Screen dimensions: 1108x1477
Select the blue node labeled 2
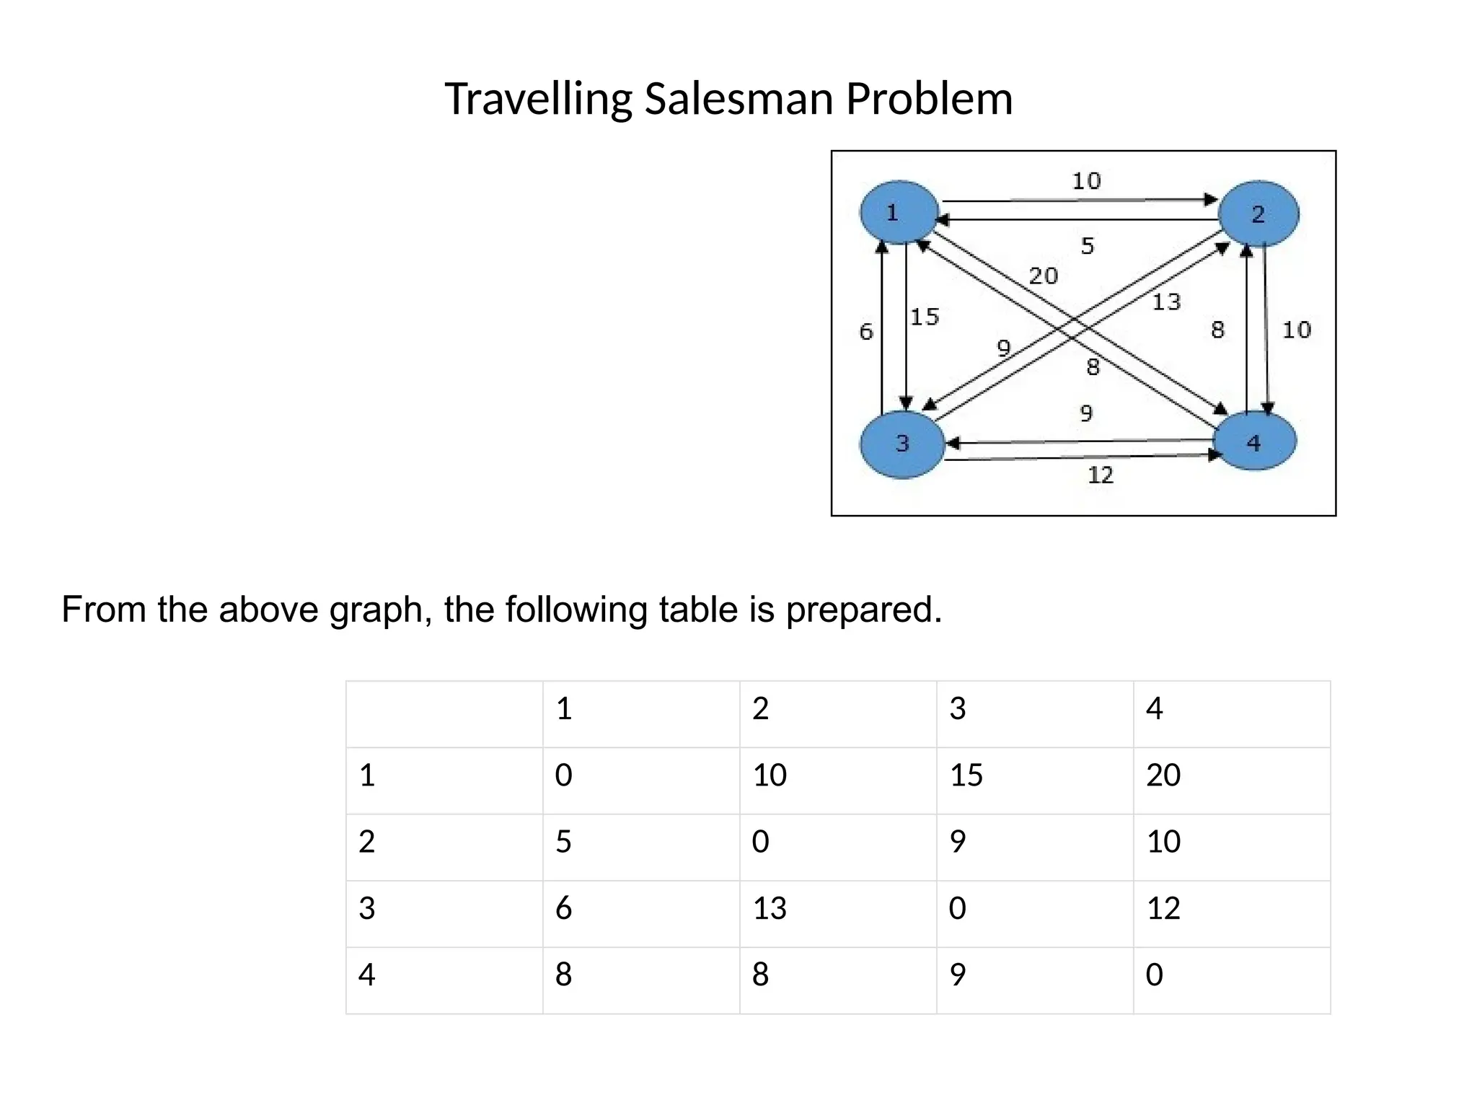click(x=1258, y=214)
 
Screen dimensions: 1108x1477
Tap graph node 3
click(x=902, y=443)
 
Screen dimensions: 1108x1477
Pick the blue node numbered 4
click(x=1255, y=441)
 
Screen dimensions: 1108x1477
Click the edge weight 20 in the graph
click(x=1043, y=276)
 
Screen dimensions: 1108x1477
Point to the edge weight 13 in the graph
click(x=1165, y=302)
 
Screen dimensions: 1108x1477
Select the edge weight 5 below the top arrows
click(x=1087, y=246)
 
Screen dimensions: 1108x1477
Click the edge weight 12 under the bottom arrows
click(x=1101, y=475)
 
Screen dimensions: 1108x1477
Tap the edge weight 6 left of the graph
click(x=866, y=332)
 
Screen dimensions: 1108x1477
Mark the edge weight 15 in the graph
click(x=925, y=317)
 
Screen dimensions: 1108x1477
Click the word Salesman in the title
click(x=738, y=99)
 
